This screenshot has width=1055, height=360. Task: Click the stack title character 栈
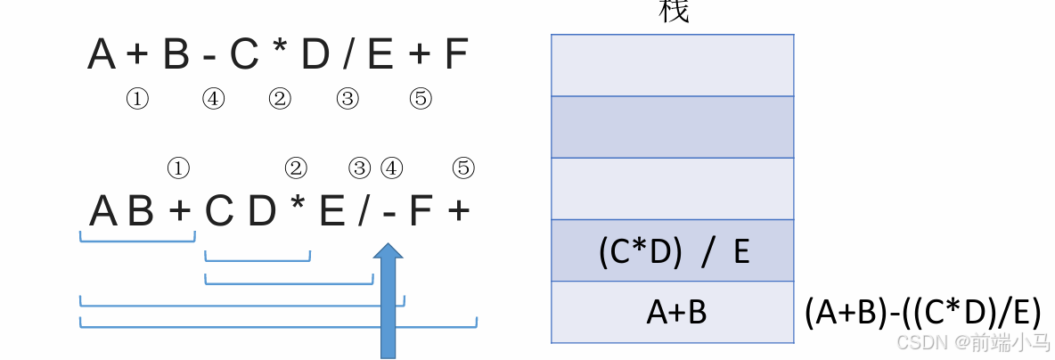[x=673, y=11]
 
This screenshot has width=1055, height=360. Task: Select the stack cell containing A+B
[x=673, y=313]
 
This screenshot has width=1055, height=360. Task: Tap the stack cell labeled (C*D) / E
[x=673, y=251]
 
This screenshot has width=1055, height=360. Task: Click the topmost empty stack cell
[x=673, y=65]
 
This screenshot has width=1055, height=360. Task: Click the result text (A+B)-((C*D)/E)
[x=921, y=313]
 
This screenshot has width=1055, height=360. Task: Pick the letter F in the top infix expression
[x=455, y=55]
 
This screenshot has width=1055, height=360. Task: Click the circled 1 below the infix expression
[x=136, y=100]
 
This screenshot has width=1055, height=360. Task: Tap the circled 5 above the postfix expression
[x=463, y=168]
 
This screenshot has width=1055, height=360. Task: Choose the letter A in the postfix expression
[x=103, y=212]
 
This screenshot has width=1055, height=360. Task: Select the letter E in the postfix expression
[x=331, y=212]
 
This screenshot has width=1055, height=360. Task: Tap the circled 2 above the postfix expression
[x=296, y=168]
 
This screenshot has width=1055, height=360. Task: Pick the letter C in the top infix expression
[x=243, y=55]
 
